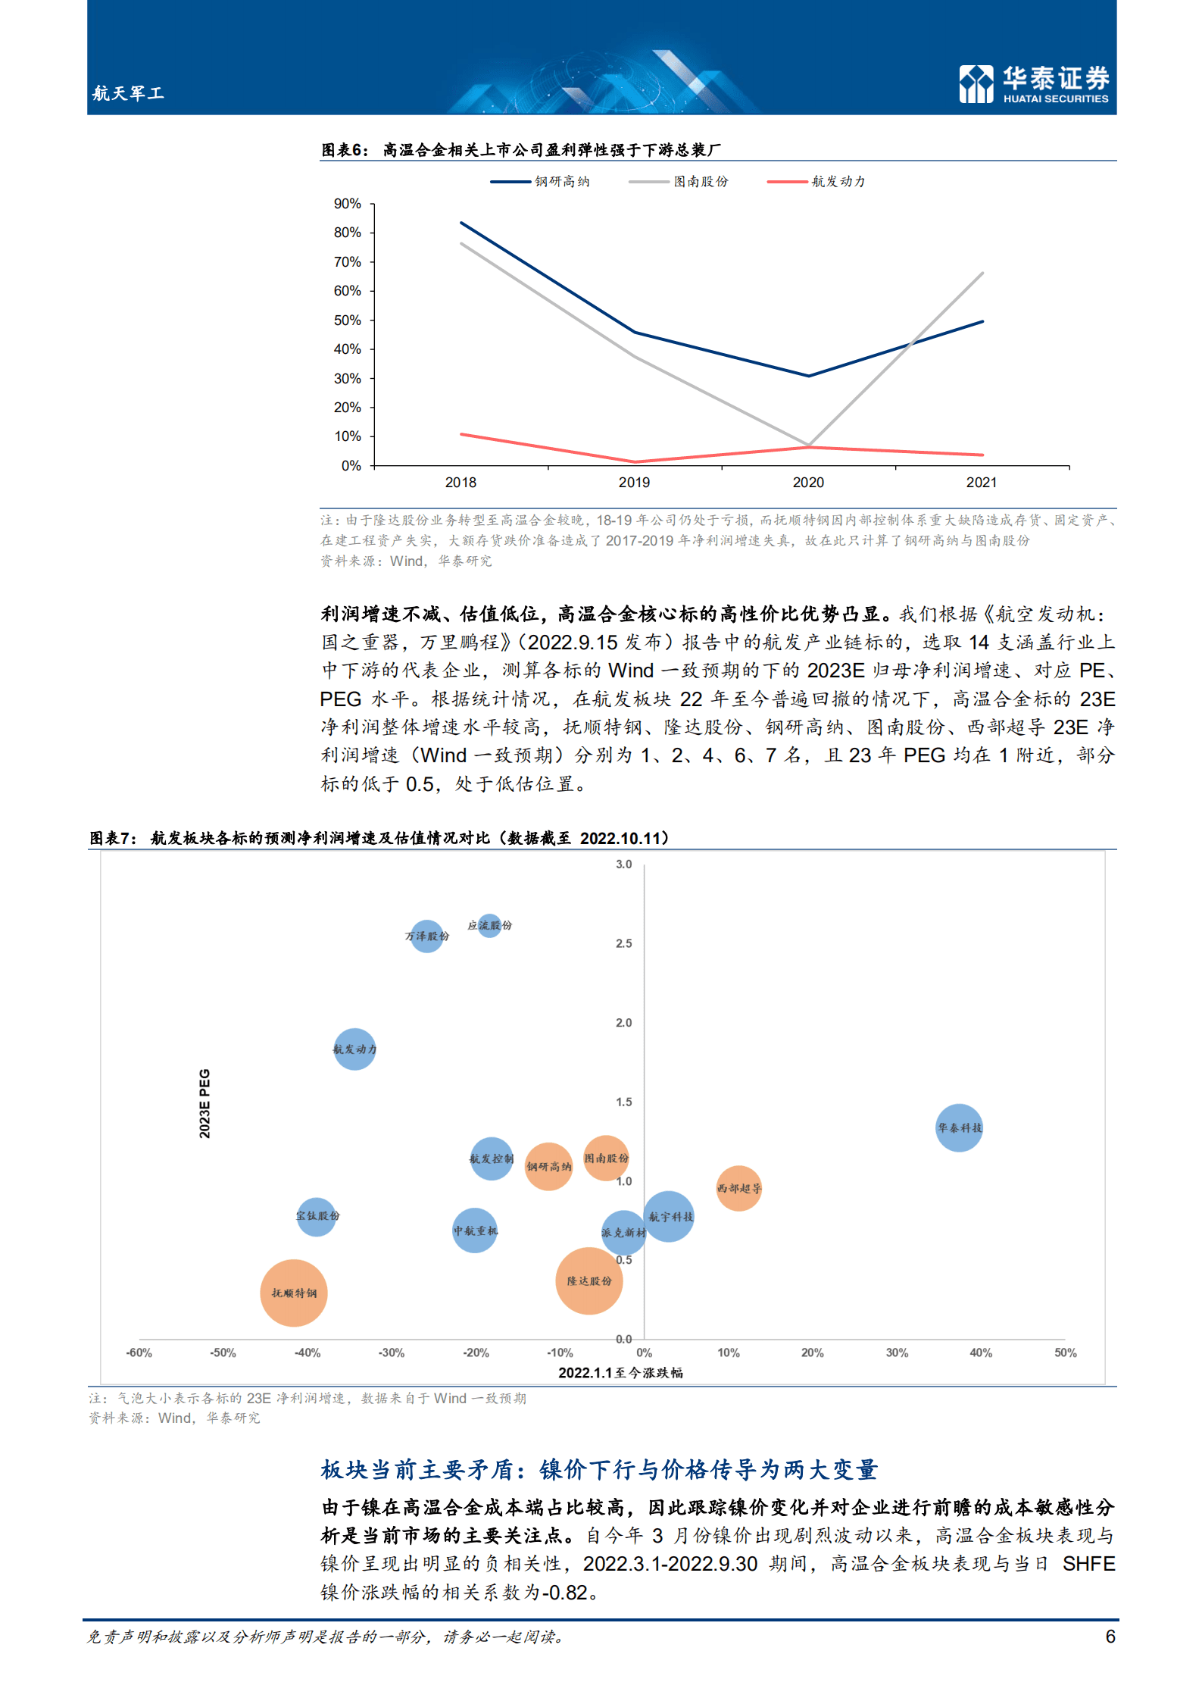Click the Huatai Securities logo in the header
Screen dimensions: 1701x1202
pyautogui.click(x=1033, y=83)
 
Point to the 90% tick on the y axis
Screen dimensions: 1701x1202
pyautogui.click(x=348, y=204)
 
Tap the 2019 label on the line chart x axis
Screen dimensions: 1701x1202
pyautogui.click(x=634, y=483)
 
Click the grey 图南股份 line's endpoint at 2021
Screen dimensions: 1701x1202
pyautogui.click(x=982, y=273)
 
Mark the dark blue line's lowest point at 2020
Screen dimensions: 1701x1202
pyautogui.click(x=808, y=376)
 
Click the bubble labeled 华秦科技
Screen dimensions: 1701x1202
pyautogui.click(x=959, y=1127)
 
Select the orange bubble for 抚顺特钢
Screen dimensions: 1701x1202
pyautogui.click(x=294, y=1293)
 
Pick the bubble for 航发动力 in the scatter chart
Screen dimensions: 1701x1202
pyautogui.click(x=354, y=1049)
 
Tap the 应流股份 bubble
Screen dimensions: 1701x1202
pyautogui.click(x=490, y=925)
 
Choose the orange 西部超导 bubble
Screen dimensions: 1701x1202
pyautogui.click(x=738, y=1188)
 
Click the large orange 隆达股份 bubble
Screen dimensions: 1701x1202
pyautogui.click(x=589, y=1280)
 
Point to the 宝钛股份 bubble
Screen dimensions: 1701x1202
pyautogui.click(x=317, y=1216)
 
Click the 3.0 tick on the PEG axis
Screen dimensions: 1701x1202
pyautogui.click(x=623, y=865)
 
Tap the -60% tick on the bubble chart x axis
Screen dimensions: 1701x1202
pyautogui.click(x=139, y=1352)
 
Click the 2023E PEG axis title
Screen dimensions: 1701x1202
pyautogui.click(x=204, y=1103)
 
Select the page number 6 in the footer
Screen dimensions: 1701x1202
pyautogui.click(x=1110, y=1637)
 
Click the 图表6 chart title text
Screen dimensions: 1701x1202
pyautogui.click(x=521, y=150)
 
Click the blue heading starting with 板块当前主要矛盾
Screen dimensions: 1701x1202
pyautogui.click(x=598, y=1469)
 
